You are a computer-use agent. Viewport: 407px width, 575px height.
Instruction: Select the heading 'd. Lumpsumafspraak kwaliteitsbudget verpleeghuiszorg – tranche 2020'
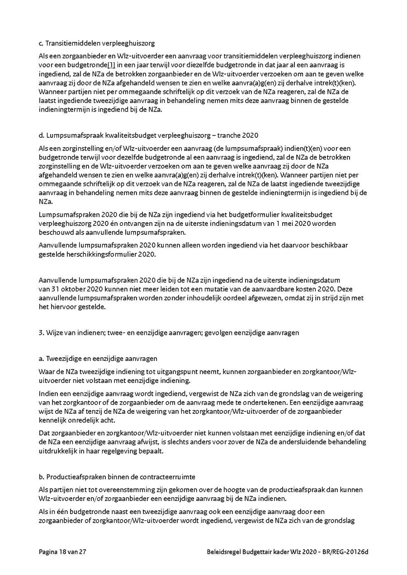tap(148, 136)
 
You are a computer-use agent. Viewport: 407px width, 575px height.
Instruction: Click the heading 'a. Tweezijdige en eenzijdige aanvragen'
tap(98, 358)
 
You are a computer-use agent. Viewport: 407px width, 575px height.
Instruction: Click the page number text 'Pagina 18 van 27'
tap(62, 552)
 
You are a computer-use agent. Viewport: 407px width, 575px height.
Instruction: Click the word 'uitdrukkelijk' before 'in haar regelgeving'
tap(58, 451)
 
